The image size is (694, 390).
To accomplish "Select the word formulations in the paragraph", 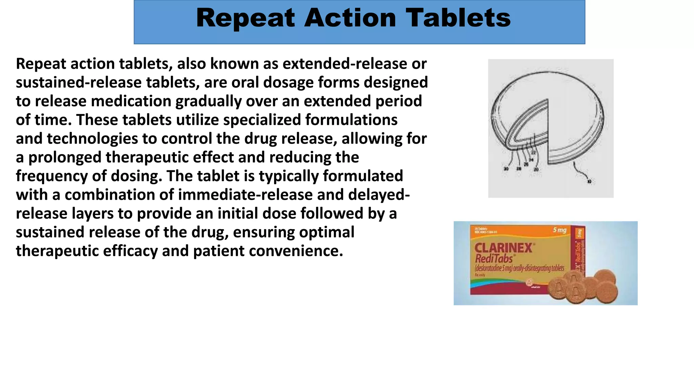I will [351, 120].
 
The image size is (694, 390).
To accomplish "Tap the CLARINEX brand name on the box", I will [503, 248].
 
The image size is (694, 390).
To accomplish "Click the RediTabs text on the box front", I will [494, 259].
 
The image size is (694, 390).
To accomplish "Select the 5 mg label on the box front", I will [559, 230].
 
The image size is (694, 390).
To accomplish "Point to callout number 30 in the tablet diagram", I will [506, 169].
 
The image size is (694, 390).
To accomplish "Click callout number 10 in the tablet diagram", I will [589, 182].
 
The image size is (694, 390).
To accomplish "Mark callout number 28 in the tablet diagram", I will [518, 169].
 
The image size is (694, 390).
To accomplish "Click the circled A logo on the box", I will [528, 282].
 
